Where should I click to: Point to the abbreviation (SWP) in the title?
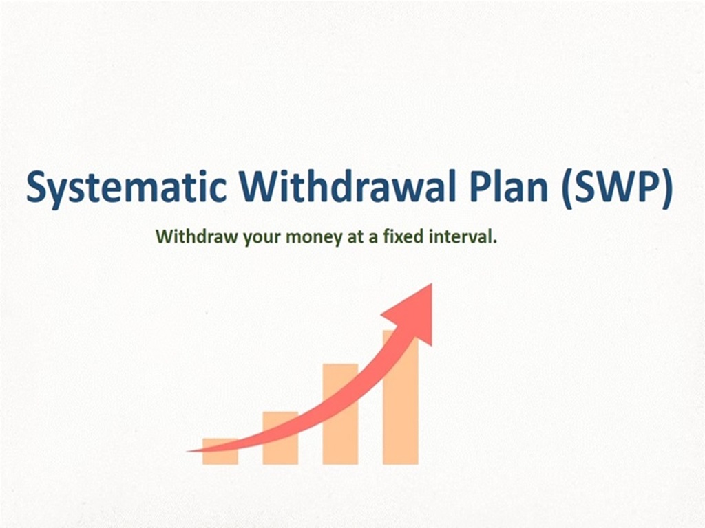click(x=618, y=188)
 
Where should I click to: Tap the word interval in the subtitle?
click(x=463, y=236)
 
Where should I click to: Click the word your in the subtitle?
click(x=262, y=238)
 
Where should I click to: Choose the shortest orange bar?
click(x=220, y=451)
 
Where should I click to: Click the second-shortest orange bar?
click(x=280, y=438)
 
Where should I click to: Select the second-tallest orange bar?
click(x=340, y=414)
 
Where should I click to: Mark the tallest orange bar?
click(x=401, y=397)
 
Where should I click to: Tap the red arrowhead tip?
click(x=432, y=283)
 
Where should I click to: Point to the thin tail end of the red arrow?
click(x=187, y=451)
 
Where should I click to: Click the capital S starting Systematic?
click(x=36, y=186)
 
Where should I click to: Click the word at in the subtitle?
click(x=355, y=236)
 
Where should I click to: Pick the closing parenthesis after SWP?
click(x=668, y=188)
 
